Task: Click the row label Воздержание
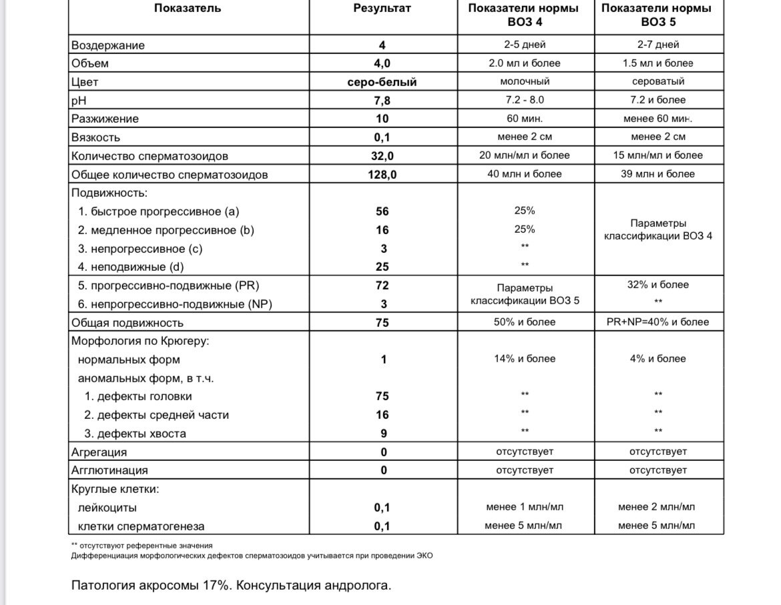click(108, 45)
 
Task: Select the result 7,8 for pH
click(382, 100)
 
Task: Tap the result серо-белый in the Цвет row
click(382, 82)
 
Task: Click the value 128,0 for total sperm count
click(382, 175)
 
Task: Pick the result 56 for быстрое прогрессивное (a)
click(382, 211)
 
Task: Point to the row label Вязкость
click(96, 137)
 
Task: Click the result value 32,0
click(382, 156)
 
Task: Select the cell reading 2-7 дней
click(658, 45)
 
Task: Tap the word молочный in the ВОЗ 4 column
click(525, 81)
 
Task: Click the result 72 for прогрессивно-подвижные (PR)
click(382, 285)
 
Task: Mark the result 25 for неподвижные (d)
click(382, 267)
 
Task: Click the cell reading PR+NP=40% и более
click(658, 322)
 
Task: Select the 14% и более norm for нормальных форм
click(525, 359)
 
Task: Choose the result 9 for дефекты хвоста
click(382, 434)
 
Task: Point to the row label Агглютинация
click(109, 470)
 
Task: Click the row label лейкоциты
click(107, 508)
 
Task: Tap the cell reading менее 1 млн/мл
click(525, 507)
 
